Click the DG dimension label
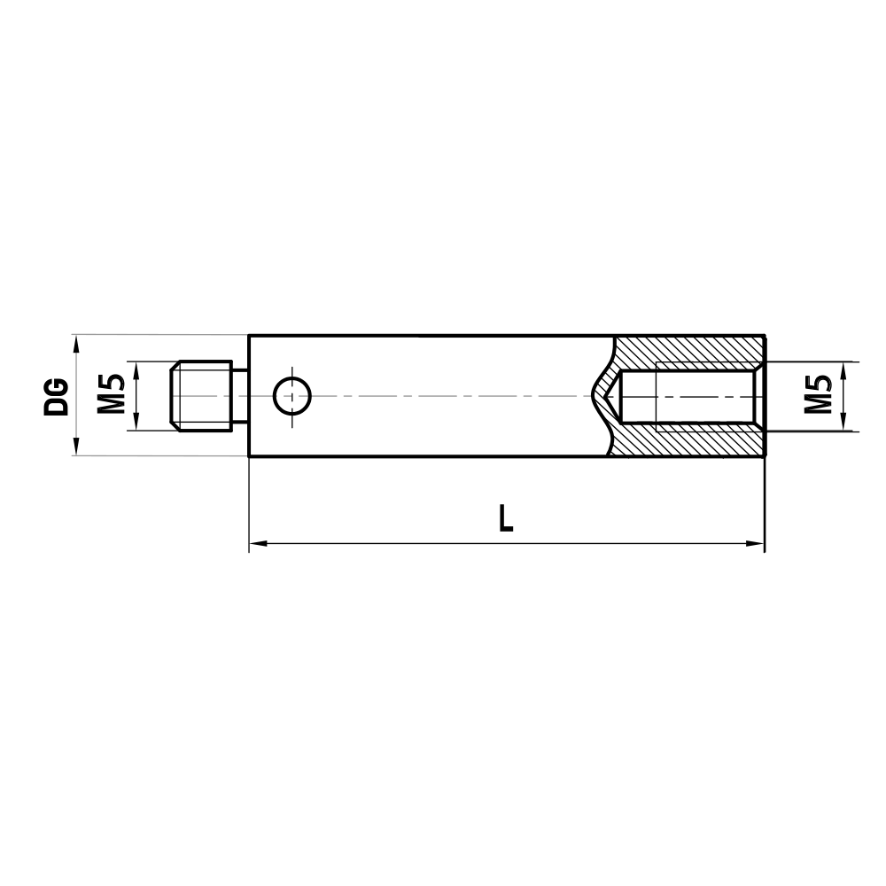58,396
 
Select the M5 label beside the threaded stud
110,395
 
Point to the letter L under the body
505,517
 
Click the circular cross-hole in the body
291,395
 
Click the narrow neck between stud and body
240,395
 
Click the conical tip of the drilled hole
610,395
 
